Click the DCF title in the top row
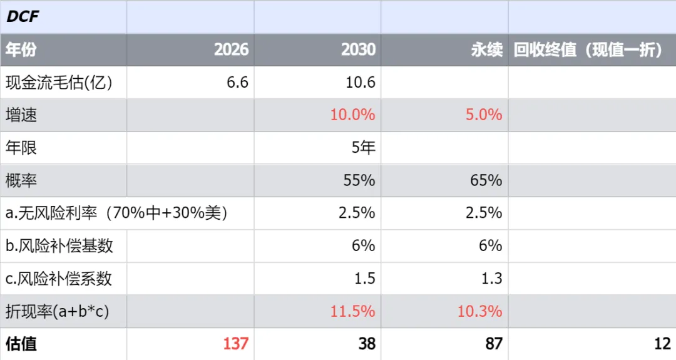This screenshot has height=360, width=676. (x=23, y=16)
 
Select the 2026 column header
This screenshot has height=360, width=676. (x=231, y=49)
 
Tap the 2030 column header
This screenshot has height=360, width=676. (x=358, y=49)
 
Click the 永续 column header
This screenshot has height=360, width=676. (x=487, y=49)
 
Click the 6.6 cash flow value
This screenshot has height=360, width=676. (x=238, y=83)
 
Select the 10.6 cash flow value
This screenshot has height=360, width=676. (x=361, y=83)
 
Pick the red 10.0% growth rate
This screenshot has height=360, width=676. (x=352, y=115)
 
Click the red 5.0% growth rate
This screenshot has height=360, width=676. (x=484, y=115)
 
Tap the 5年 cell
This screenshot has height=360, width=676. (x=364, y=148)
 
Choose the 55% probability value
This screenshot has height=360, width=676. (x=359, y=180)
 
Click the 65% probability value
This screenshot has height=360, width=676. (x=486, y=180)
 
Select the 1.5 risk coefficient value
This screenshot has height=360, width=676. (x=365, y=279)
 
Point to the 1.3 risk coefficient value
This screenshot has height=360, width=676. (x=492, y=279)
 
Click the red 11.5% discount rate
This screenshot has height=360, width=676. (x=352, y=311)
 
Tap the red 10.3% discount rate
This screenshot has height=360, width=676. (x=480, y=311)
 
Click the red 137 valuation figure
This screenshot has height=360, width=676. (x=236, y=344)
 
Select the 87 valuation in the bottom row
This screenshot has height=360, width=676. (x=494, y=344)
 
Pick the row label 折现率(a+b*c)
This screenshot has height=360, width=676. (x=58, y=311)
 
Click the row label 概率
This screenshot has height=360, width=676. (x=21, y=180)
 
